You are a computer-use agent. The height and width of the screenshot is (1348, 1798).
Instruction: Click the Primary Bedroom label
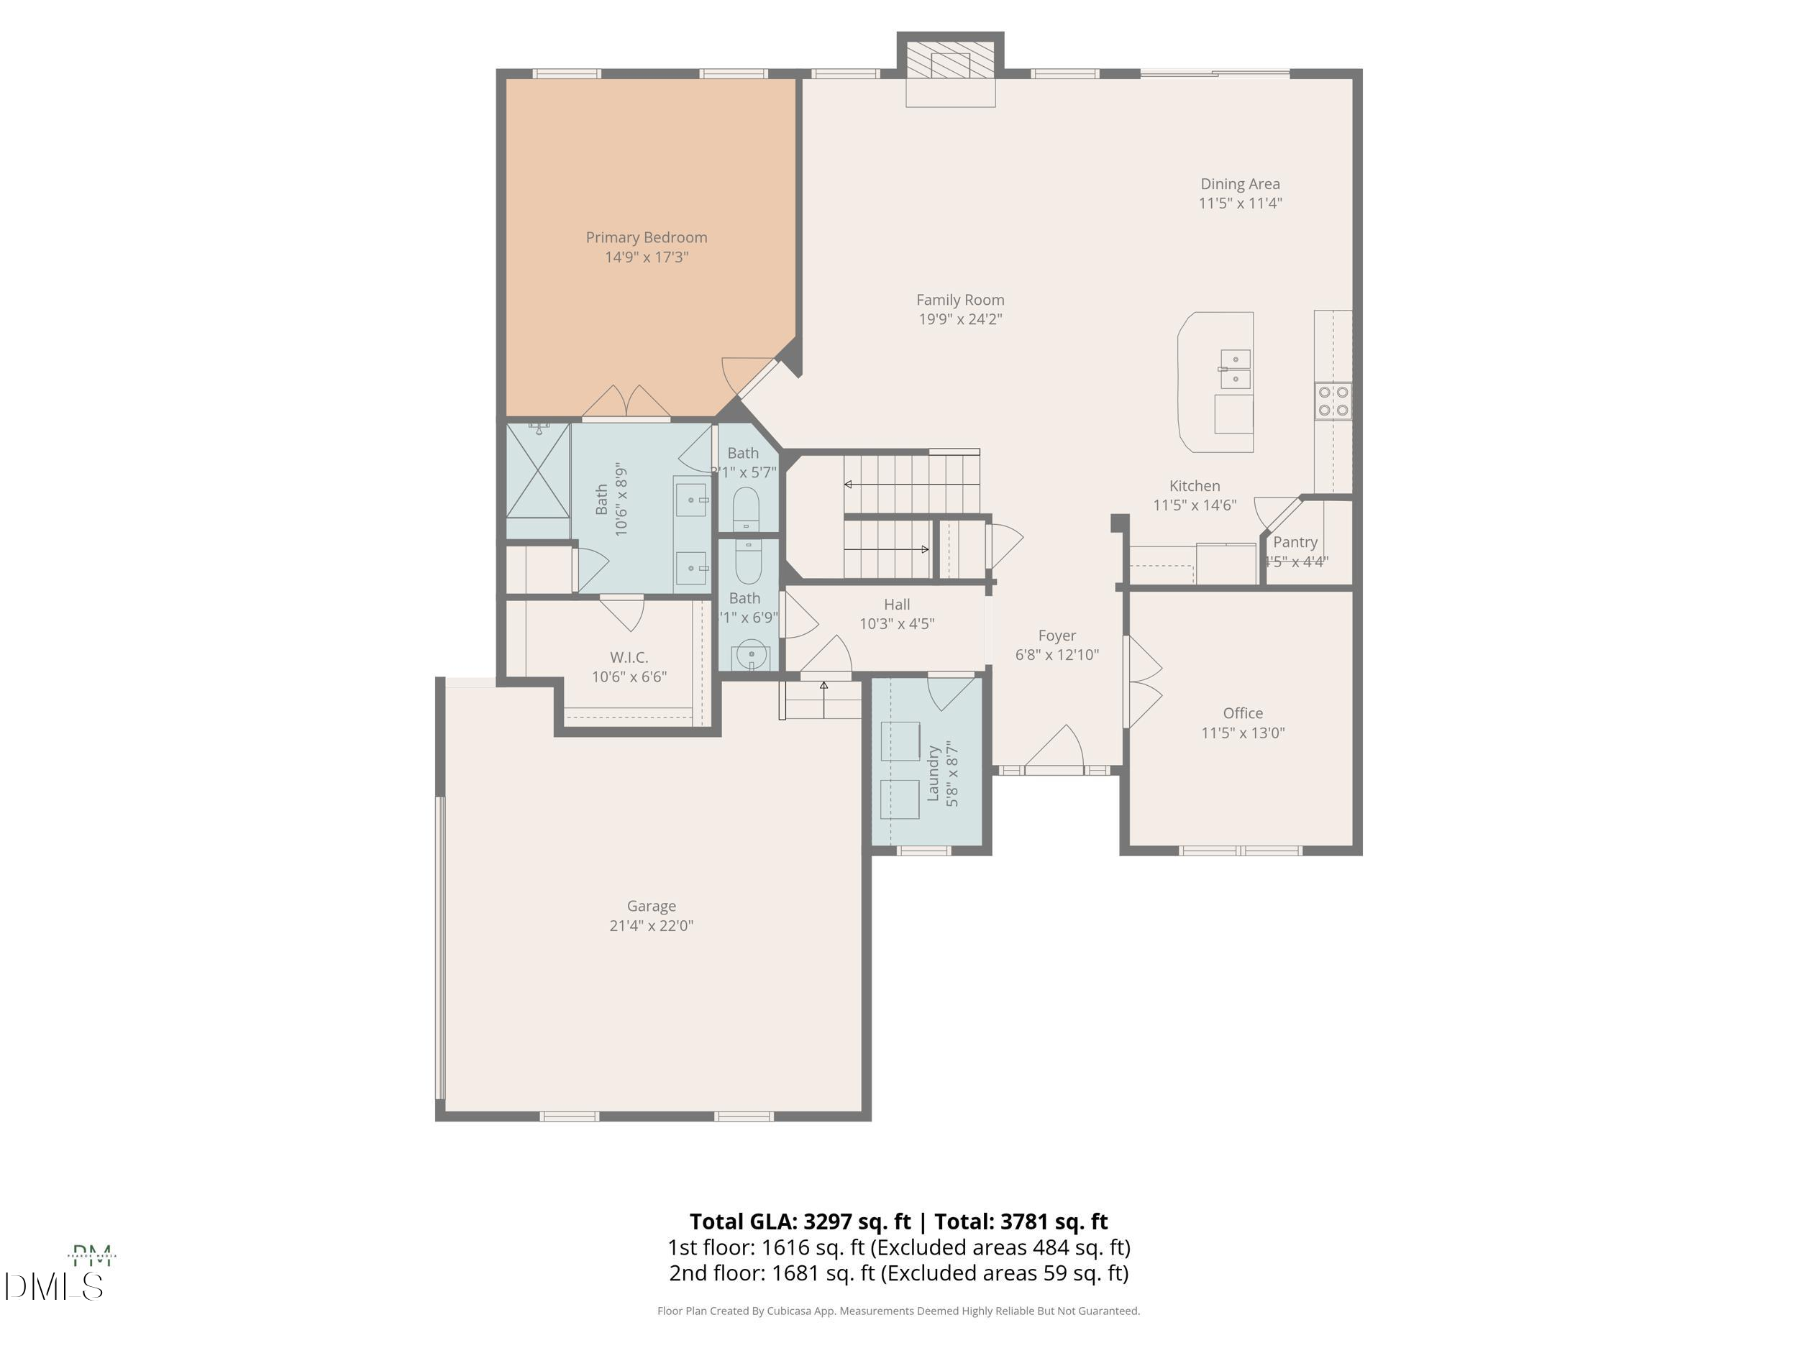pyautogui.click(x=647, y=237)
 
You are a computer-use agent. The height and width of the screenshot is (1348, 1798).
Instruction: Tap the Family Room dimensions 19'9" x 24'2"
pyautogui.click(x=960, y=319)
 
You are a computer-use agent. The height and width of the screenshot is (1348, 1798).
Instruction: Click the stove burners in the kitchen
pyautogui.click(x=1333, y=401)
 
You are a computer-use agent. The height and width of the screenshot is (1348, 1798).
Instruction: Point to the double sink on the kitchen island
pyautogui.click(x=1236, y=369)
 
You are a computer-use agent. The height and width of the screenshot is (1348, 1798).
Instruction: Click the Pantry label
pyautogui.click(x=1295, y=542)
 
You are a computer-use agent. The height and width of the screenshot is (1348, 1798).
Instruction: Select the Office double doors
pyautogui.click(x=1143, y=681)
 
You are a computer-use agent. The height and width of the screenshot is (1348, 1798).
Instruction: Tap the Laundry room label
pyautogui.click(x=933, y=774)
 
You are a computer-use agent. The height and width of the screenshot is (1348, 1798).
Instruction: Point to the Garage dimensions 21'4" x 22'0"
pyautogui.click(x=651, y=925)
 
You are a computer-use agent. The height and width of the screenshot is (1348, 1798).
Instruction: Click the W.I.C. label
pyautogui.click(x=629, y=657)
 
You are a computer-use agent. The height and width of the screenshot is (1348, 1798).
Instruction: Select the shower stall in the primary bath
pyautogui.click(x=537, y=470)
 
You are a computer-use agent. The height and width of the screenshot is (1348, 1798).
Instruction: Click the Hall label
pyautogui.click(x=897, y=605)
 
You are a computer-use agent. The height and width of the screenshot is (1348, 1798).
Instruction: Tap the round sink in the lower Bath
pyautogui.click(x=750, y=654)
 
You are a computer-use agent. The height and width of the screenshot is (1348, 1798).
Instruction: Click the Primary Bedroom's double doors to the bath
pyautogui.click(x=626, y=404)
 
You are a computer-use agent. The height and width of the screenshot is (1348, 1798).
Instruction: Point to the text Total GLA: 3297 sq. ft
pyautogui.click(x=800, y=1222)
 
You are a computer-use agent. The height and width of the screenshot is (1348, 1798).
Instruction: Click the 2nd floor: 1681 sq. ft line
pyautogui.click(x=898, y=1273)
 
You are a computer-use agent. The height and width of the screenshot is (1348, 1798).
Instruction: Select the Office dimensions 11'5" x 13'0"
pyautogui.click(x=1243, y=733)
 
